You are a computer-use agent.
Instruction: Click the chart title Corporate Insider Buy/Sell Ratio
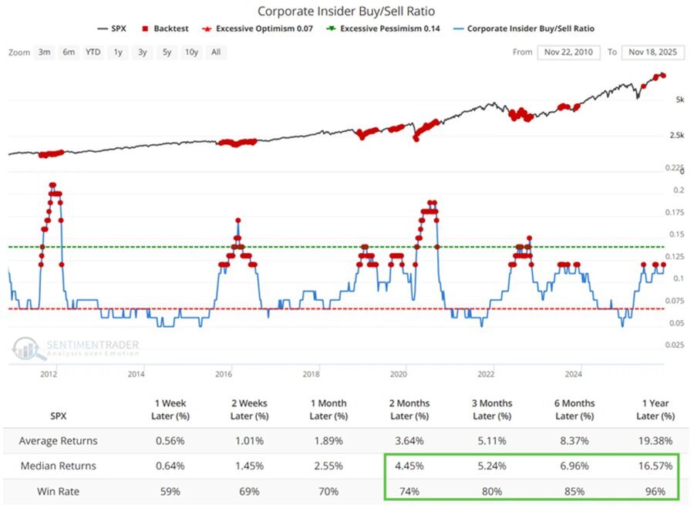[x=346, y=12]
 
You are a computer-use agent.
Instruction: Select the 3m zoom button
[x=45, y=52]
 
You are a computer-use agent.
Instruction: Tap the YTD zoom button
[x=93, y=52]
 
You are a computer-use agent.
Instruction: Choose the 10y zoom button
[x=191, y=52]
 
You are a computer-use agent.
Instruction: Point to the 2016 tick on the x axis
[x=224, y=375]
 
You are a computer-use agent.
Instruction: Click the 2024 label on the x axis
[x=574, y=375]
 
